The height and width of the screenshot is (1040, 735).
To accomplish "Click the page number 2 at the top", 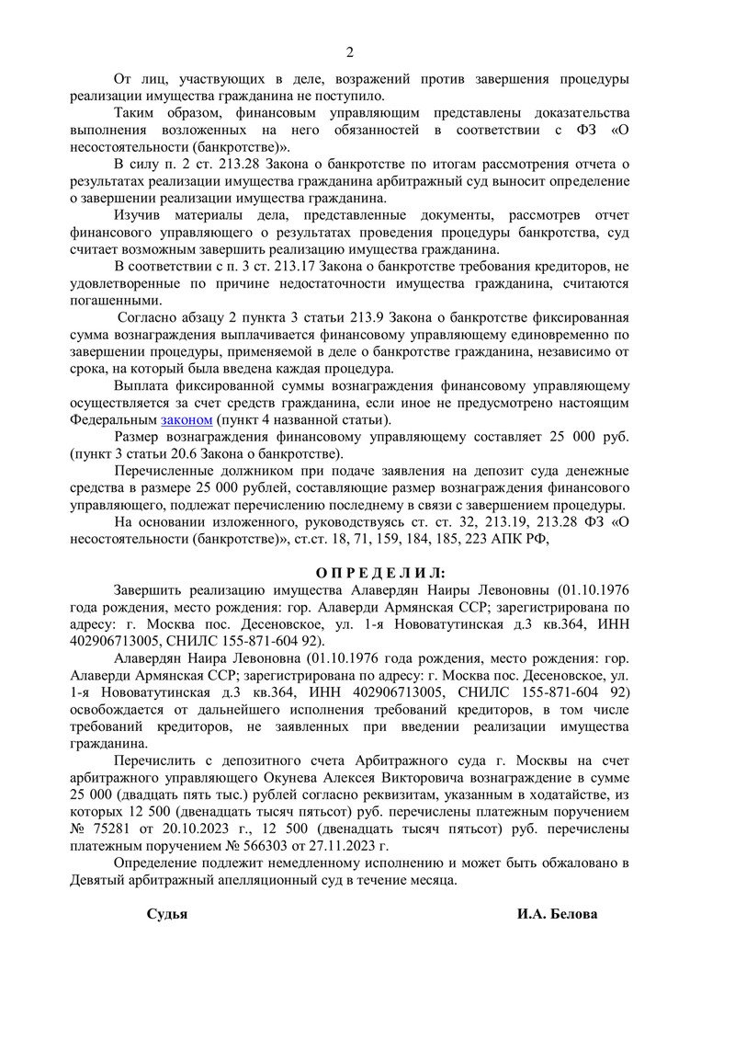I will pos(349,51).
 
